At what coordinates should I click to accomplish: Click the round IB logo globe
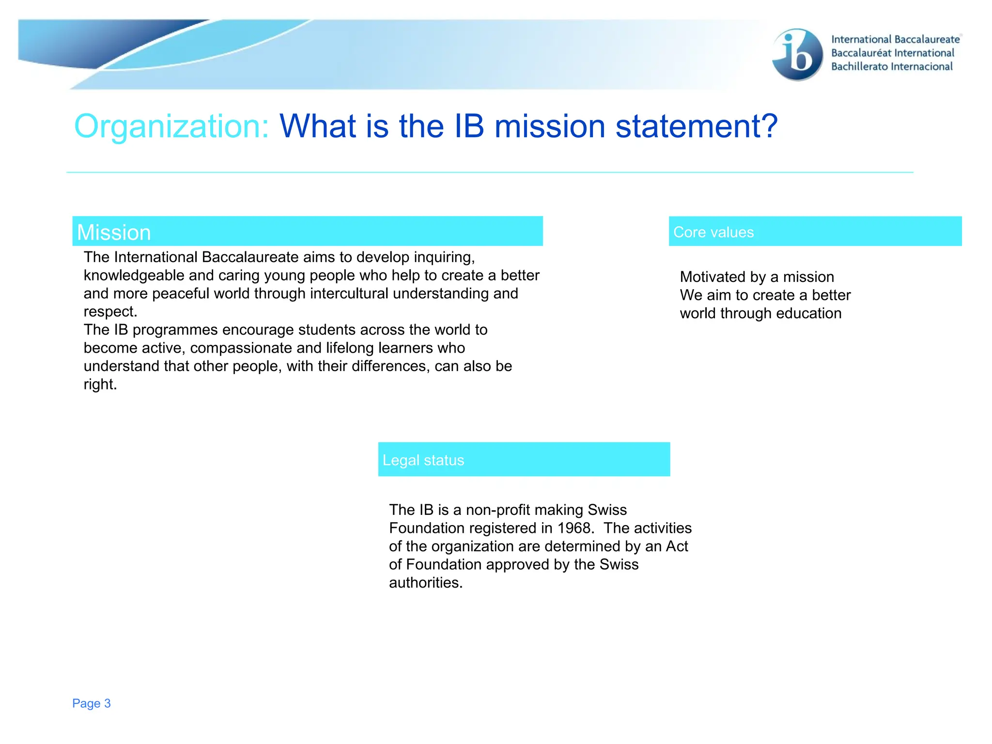tap(797, 54)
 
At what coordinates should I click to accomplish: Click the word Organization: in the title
tap(171, 126)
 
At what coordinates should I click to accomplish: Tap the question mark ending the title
tap(768, 126)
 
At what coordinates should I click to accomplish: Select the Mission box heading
tap(114, 232)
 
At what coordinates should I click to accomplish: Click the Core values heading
tap(713, 232)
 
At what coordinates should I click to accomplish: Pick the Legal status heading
tap(423, 460)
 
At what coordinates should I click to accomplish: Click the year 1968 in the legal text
tap(575, 528)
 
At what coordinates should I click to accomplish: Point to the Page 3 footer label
tap(92, 703)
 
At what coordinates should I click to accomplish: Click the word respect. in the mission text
tap(110, 312)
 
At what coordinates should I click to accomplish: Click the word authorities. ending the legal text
tap(426, 583)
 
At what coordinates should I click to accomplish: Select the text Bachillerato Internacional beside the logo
tap(891, 67)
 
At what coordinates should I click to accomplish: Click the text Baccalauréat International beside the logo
tap(892, 53)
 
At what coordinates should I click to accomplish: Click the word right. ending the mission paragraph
tap(100, 385)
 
